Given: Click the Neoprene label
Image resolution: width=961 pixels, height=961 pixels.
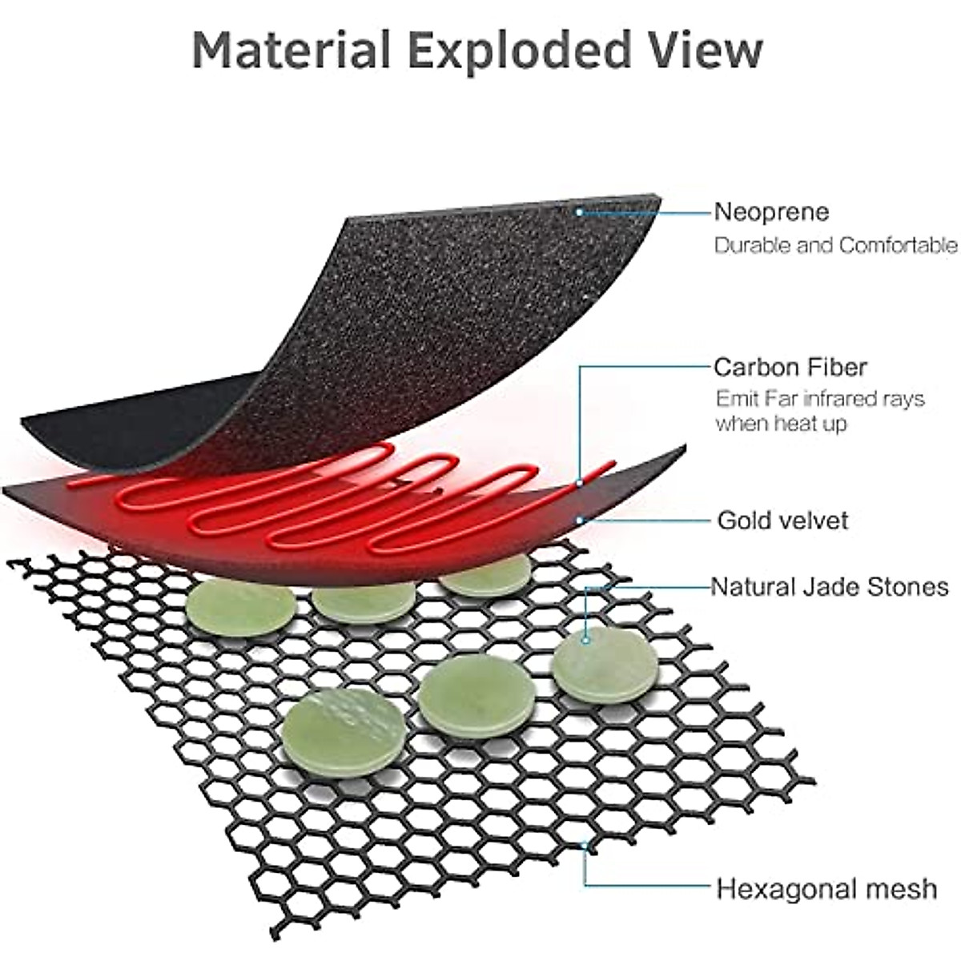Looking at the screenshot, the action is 771,212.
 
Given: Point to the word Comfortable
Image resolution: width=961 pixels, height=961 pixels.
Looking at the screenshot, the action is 898,245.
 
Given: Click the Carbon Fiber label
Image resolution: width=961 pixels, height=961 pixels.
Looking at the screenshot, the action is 790,368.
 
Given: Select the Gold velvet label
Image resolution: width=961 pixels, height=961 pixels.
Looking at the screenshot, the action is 782,521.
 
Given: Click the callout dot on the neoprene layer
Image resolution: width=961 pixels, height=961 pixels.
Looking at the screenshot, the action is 579,212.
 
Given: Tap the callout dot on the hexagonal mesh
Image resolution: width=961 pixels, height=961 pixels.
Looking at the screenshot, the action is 585,846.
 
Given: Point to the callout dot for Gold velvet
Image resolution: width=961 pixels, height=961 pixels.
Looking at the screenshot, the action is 580,521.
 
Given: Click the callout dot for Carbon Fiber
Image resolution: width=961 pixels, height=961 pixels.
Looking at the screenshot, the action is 580,483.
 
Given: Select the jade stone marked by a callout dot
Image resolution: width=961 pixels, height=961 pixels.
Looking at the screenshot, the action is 605,665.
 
